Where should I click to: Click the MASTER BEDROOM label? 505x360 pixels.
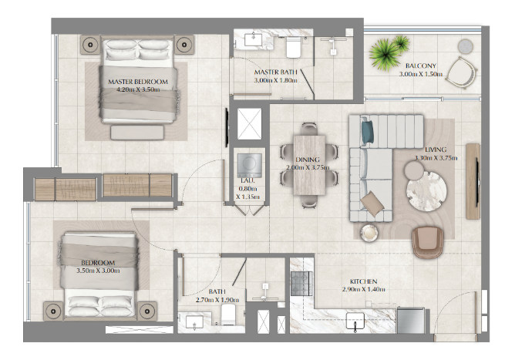(x=138, y=82)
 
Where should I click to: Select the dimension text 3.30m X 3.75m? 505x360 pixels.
(x=436, y=158)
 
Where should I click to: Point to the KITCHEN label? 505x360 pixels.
(x=364, y=281)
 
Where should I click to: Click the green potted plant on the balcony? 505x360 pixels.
(x=388, y=52)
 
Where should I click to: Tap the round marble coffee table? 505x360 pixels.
(x=426, y=191)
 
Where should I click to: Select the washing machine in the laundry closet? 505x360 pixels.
(x=249, y=165)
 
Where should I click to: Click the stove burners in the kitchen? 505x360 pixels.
(x=301, y=284)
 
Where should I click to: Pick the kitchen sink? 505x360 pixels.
(x=355, y=321)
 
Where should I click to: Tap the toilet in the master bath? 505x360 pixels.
(x=293, y=48)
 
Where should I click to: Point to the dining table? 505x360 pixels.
(x=309, y=165)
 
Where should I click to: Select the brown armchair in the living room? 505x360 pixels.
(x=428, y=242)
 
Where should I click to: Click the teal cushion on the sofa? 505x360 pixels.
(x=368, y=132)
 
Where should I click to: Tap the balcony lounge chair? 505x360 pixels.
(x=462, y=72)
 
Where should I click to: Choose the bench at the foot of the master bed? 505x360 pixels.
(x=137, y=133)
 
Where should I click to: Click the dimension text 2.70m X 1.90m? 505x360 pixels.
(x=217, y=300)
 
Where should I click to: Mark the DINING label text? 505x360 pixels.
(x=308, y=160)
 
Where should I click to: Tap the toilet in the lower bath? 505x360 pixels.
(x=228, y=315)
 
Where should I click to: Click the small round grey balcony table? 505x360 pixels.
(x=466, y=46)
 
